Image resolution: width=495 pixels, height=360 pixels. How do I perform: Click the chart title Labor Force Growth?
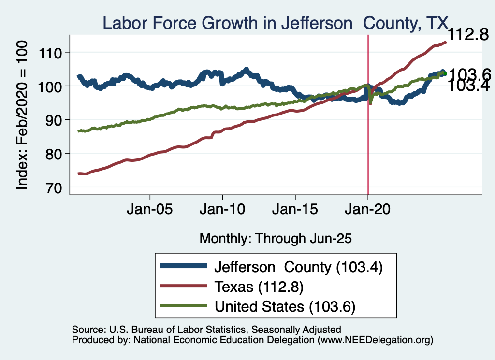coord(275,23)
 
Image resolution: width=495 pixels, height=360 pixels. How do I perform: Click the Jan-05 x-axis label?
coord(150,211)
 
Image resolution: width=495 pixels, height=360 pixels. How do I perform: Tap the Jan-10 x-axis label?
coord(222,211)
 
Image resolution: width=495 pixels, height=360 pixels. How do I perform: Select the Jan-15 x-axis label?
coord(295,211)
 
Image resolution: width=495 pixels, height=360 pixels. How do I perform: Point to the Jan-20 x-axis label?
coord(368,211)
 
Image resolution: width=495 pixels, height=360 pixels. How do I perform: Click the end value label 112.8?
coord(467,35)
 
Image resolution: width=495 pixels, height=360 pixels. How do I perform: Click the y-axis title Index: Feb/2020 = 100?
coord(23,115)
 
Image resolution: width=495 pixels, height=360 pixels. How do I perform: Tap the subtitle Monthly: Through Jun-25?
coord(275,238)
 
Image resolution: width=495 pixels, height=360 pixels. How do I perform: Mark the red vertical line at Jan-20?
coord(368,145)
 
